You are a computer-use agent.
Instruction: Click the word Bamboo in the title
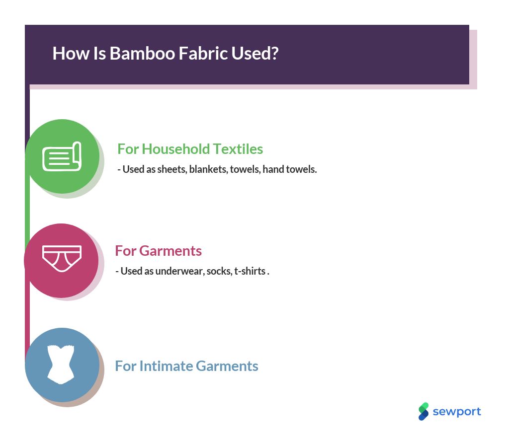tap(143, 53)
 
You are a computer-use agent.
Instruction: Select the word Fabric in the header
tap(203, 53)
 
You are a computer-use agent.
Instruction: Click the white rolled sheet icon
tap(62, 156)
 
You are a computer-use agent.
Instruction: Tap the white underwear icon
tap(62, 258)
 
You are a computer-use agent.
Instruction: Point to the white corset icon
tap(61, 365)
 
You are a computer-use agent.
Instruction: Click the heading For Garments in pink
tap(159, 251)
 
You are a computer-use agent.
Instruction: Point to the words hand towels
tap(290, 169)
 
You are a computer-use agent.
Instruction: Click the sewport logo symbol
tap(424, 412)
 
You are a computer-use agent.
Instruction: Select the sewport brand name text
tap(457, 412)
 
